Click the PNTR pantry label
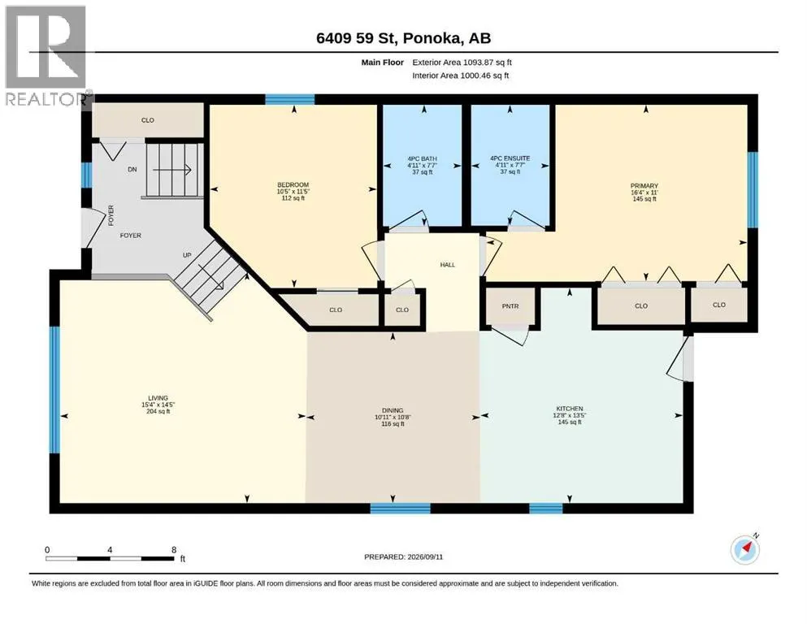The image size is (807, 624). click(x=510, y=306)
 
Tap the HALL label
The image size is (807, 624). click(x=447, y=265)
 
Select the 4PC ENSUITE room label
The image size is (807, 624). click(x=510, y=158)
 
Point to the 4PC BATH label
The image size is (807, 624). click(x=422, y=159)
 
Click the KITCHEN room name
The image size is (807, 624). click(x=570, y=409)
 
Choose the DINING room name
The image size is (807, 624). click(x=393, y=410)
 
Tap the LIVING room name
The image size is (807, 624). click(x=158, y=397)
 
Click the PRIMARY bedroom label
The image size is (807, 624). click(x=644, y=186)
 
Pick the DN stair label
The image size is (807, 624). click(x=132, y=169)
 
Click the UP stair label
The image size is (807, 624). click(x=187, y=255)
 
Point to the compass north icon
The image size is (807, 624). click(x=745, y=549)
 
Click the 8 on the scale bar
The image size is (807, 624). click(x=174, y=549)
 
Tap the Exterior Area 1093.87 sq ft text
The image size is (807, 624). click(x=462, y=63)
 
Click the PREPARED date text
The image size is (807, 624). click(x=403, y=557)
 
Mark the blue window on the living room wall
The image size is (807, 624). click(x=54, y=389)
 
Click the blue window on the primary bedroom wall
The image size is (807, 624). click(x=753, y=189)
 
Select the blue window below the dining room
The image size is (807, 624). click(x=400, y=509)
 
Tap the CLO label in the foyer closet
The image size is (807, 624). click(x=148, y=120)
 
